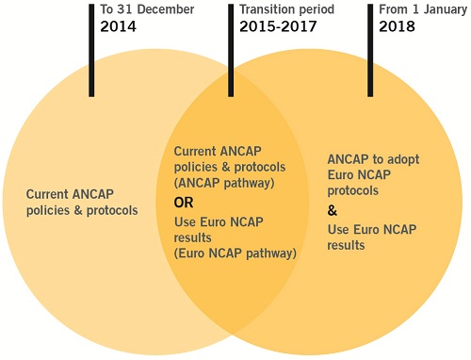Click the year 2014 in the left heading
click(120, 27)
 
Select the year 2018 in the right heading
click(397, 27)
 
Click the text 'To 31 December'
click(146, 9)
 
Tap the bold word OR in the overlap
click(185, 203)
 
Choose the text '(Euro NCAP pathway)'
click(235, 253)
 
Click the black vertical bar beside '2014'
click(91, 47)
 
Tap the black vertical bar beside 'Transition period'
click(232, 47)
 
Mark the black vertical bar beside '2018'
click(369, 47)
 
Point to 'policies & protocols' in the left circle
click(83, 211)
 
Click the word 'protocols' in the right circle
click(353, 189)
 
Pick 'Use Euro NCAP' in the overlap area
click(219, 222)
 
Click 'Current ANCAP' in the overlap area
click(216, 152)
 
